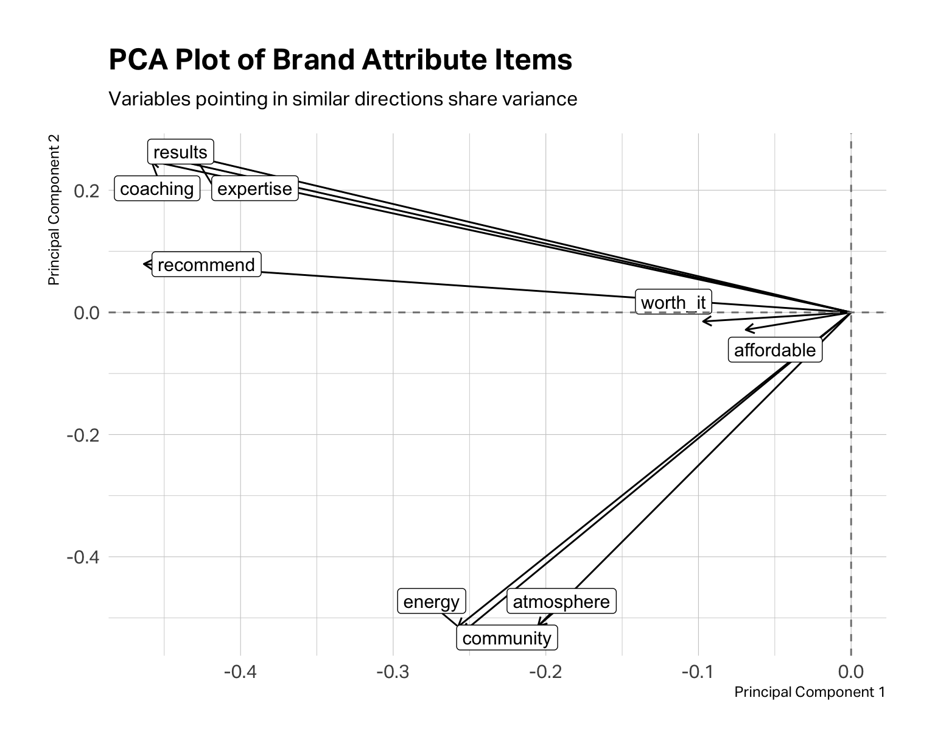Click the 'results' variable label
pyautogui.click(x=180, y=152)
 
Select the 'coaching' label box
pyautogui.click(x=157, y=189)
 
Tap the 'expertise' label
pyautogui.click(x=254, y=189)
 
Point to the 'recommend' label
pyautogui.click(x=206, y=265)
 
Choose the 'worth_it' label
pyautogui.click(x=673, y=302)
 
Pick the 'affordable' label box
pyautogui.click(x=775, y=350)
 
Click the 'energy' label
pyautogui.click(x=432, y=602)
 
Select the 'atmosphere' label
pyautogui.click(x=561, y=602)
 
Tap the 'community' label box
pyautogui.click(x=506, y=638)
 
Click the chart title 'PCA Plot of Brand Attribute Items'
pyautogui.click(x=340, y=60)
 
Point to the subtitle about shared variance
pyautogui.click(x=343, y=99)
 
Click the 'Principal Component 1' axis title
pyautogui.click(x=810, y=692)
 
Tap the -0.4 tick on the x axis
pyautogui.click(x=240, y=672)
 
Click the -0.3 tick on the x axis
pyautogui.click(x=393, y=672)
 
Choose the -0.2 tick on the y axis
pyautogui.click(x=83, y=435)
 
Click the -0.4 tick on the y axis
pyautogui.click(x=83, y=557)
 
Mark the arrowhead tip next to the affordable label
pyautogui.click(x=746, y=330)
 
